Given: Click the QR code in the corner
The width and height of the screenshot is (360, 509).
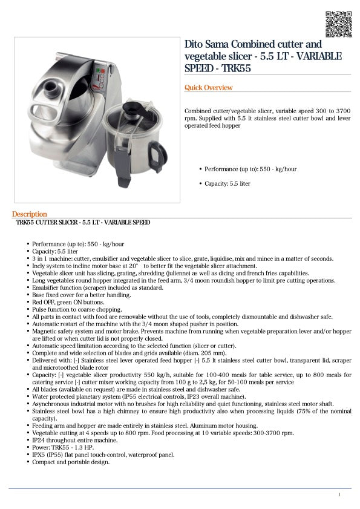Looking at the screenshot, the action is (338, 24).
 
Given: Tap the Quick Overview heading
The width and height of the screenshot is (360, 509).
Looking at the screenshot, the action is (208, 88).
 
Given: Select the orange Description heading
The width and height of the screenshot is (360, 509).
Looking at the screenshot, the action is (29, 214).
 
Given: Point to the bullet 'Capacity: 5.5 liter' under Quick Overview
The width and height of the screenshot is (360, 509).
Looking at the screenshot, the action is (227, 183).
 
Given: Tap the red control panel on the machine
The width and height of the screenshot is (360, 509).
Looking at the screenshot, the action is (100, 77).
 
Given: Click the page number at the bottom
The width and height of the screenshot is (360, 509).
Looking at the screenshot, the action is (339, 495).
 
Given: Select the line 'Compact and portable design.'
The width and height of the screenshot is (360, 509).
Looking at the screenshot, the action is (71, 462).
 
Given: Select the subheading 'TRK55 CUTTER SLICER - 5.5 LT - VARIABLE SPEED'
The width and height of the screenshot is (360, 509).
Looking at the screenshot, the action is (83, 223).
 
